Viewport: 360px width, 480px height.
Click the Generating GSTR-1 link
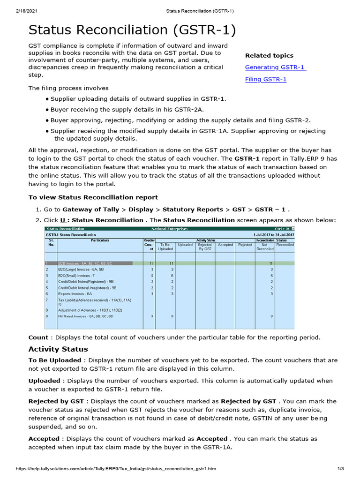click(x=275, y=67)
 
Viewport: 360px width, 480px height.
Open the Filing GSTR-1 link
click(x=266, y=79)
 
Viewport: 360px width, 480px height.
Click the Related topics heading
click(x=269, y=55)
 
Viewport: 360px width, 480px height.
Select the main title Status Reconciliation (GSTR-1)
click(x=132, y=30)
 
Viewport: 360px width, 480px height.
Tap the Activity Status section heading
click(x=58, y=349)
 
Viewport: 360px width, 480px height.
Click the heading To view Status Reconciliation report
click(x=93, y=197)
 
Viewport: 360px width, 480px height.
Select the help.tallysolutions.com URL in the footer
click(x=116, y=469)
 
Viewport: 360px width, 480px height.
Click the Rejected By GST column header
click(x=205, y=247)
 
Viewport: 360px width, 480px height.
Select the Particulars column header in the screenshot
click(x=100, y=240)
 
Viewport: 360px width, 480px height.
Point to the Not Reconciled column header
click(x=265, y=247)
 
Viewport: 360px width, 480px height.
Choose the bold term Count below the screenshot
click(x=38, y=337)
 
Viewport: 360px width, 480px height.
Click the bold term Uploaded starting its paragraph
click(x=44, y=381)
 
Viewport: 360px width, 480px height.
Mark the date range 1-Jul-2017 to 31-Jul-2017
click(x=274, y=234)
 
